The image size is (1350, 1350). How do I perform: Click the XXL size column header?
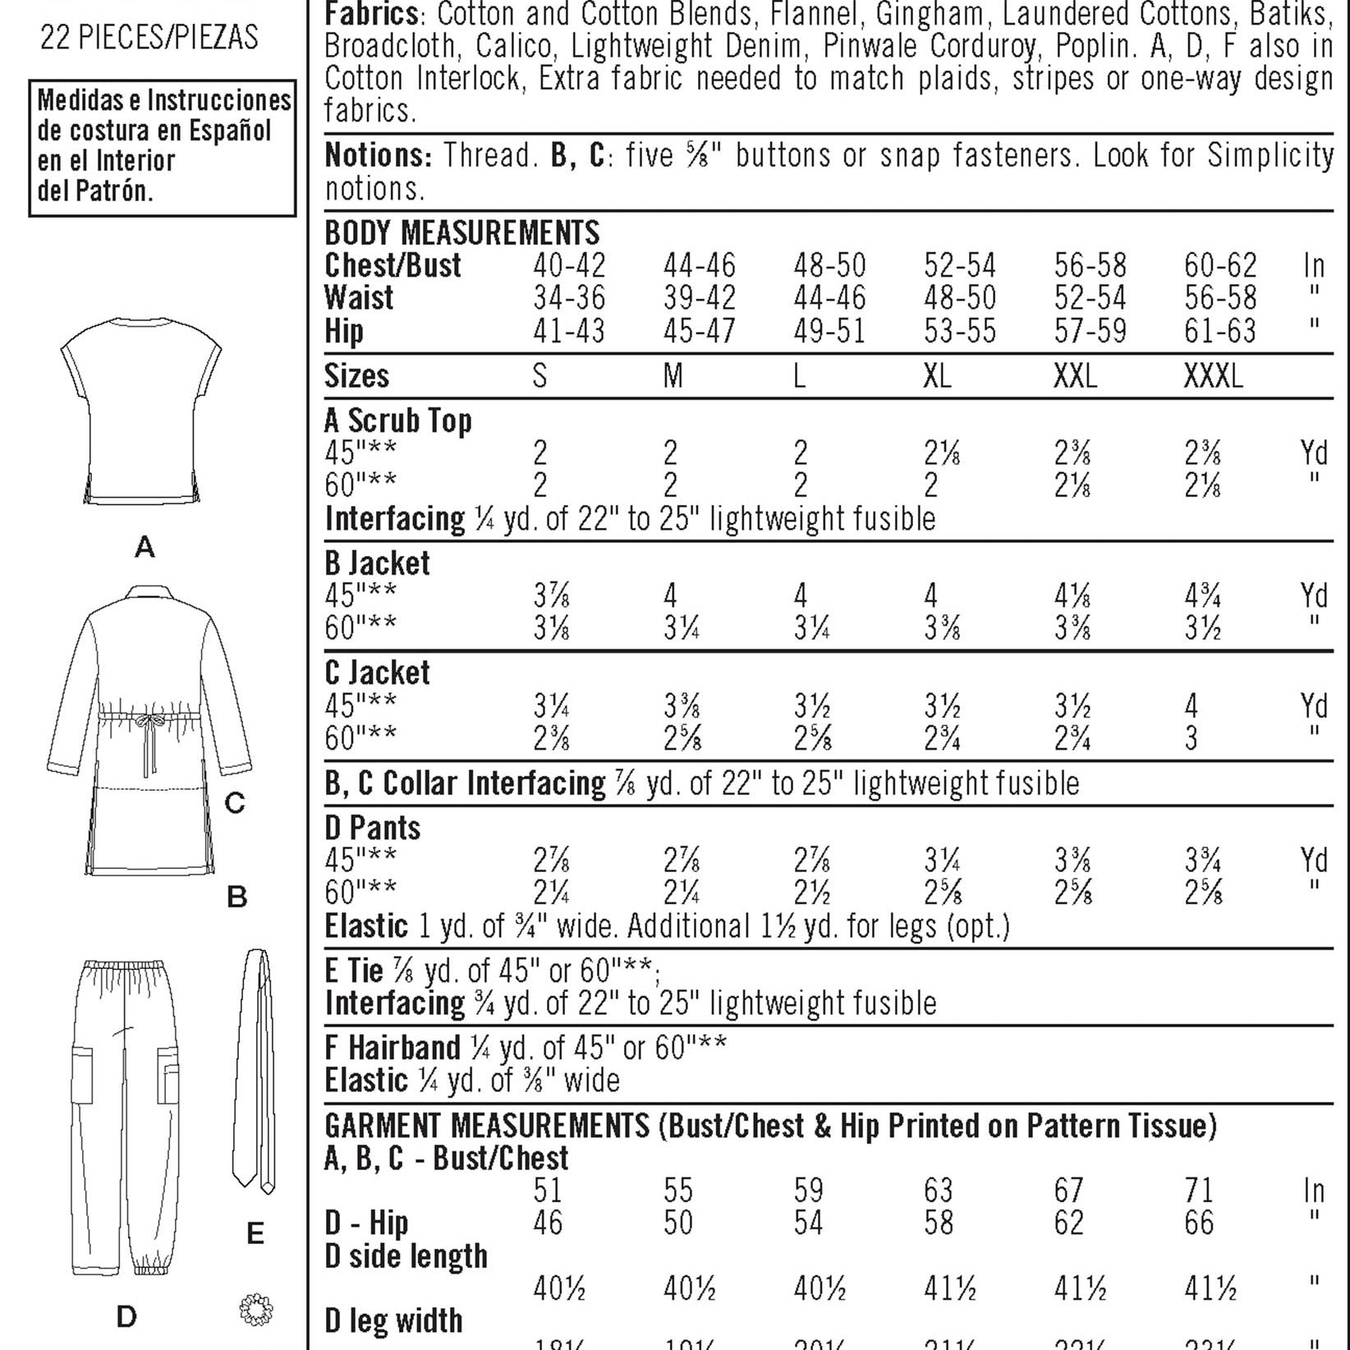[x=1075, y=376]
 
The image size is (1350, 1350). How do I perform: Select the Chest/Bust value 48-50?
[x=829, y=265]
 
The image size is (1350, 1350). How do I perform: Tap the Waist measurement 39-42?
[x=700, y=298]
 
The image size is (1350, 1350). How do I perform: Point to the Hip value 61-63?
[x=1219, y=331]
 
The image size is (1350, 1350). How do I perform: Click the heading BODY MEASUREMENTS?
[x=461, y=232]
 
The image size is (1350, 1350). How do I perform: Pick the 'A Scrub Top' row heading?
[x=397, y=420]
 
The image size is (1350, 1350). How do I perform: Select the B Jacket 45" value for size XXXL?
[x=1202, y=595]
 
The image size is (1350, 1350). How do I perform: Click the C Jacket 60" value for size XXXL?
[x=1192, y=738]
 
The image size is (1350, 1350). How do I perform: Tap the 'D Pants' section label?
[x=372, y=828]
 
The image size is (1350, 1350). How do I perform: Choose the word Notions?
[x=377, y=155]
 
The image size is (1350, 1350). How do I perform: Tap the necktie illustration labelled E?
[x=255, y=1068]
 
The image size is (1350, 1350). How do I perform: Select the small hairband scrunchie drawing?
[x=255, y=1309]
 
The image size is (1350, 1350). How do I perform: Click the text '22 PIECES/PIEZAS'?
[x=149, y=38]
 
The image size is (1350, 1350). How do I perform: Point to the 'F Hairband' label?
[x=392, y=1048]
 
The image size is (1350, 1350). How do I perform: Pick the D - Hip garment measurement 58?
[x=938, y=1223]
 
